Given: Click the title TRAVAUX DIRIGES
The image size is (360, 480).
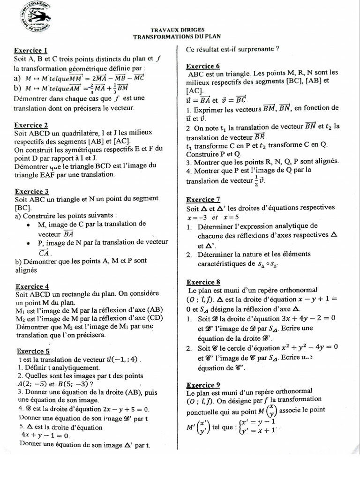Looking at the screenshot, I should point(177,29).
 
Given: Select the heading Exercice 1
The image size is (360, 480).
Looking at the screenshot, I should point(31,50).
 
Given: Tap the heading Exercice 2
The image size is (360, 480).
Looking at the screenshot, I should point(31,126).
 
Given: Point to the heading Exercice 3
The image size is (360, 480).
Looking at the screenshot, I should point(31,191).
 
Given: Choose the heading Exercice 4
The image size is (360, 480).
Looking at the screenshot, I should point(32,286).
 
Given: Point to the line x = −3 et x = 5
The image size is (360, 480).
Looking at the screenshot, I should point(212,217).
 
